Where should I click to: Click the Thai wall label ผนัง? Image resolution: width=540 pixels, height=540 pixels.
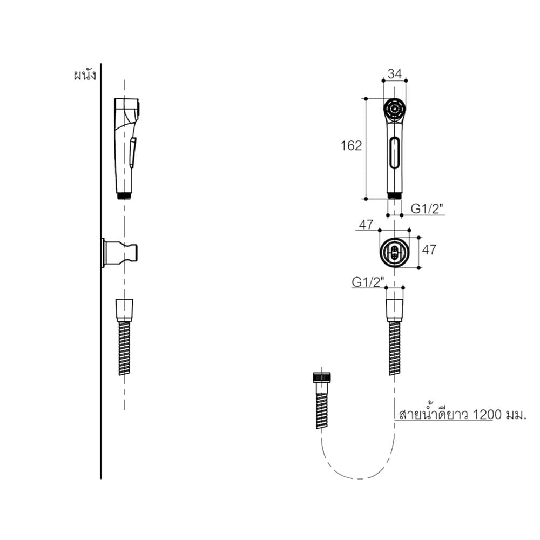[x=85, y=76]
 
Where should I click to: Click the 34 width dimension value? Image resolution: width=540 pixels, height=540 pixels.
[x=395, y=73]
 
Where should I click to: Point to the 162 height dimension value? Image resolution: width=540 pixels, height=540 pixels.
[x=352, y=146]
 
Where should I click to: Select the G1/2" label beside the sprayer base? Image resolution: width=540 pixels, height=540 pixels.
[x=427, y=208]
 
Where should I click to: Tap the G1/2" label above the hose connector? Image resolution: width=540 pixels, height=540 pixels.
[x=368, y=282]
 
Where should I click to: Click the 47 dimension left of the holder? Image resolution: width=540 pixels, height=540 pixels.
[x=366, y=225]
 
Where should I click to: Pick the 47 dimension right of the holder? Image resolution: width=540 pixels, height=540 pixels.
[x=429, y=249]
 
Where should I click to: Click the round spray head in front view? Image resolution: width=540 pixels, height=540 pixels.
[x=395, y=110]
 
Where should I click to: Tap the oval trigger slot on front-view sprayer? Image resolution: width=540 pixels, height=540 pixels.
[x=395, y=153]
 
